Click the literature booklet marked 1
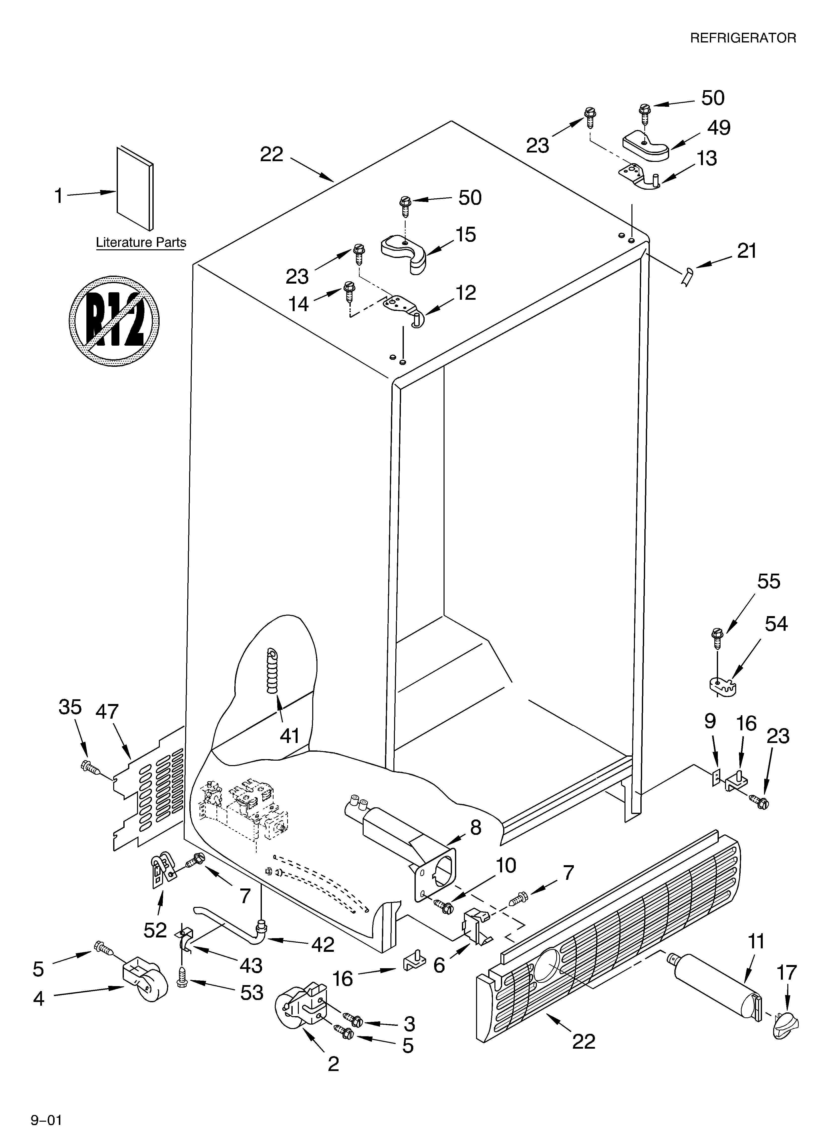(x=135, y=188)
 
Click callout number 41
(x=289, y=736)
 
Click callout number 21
(x=746, y=251)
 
